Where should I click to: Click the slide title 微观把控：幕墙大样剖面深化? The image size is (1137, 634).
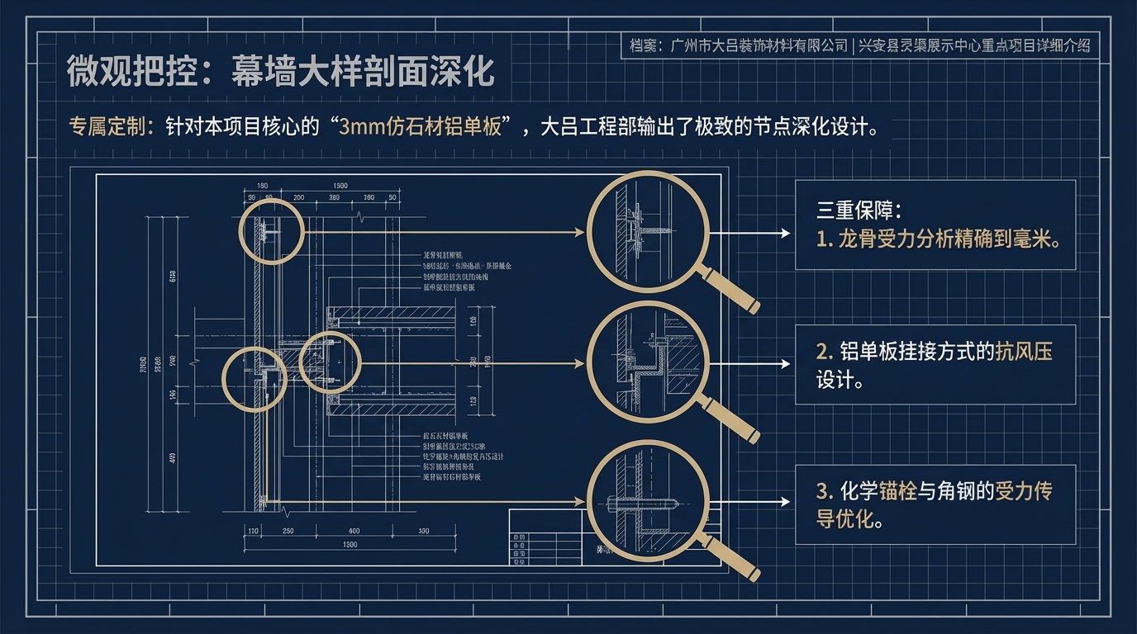tap(280, 71)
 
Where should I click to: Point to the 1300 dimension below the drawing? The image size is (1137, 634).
tap(349, 545)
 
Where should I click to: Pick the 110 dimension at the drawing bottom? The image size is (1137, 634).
tap(254, 531)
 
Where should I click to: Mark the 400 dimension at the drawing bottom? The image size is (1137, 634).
tap(354, 531)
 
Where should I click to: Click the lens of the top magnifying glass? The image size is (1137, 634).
tap(648, 232)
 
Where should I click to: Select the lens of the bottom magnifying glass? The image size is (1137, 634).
tap(648, 501)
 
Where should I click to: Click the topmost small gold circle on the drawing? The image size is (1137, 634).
tap(272, 231)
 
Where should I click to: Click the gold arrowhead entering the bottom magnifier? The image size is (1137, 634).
tap(582, 501)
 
